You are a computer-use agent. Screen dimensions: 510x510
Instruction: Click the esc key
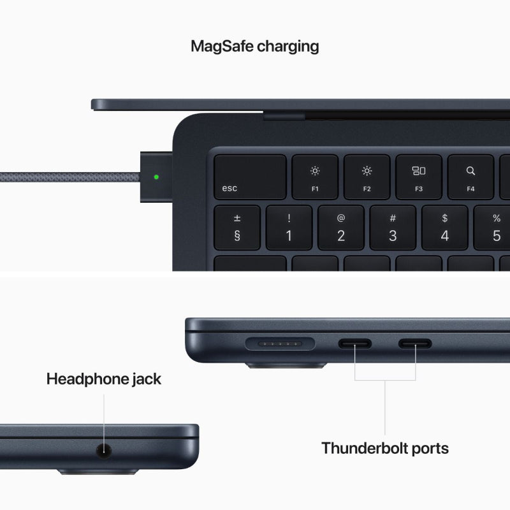pyautogui.click(x=249, y=177)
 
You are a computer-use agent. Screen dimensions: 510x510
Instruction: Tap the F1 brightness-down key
pyautogui.click(x=315, y=177)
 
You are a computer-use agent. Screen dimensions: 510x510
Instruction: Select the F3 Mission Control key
pyautogui.click(x=418, y=177)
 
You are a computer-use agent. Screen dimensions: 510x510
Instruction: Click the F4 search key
pyautogui.click(x=470, y=177)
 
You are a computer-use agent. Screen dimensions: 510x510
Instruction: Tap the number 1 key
pyautogui.click(x=289, y=228)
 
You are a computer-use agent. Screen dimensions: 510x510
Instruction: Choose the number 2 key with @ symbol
pyautogui.click(x=341, y=228)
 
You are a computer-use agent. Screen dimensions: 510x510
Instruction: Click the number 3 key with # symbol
pyautogui.click(x=393, y=228)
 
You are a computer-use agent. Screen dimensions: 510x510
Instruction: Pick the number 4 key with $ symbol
pyautogui.click(x=444, y=228)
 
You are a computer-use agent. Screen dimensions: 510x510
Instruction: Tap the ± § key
pyautogui.click(x=237, y=228)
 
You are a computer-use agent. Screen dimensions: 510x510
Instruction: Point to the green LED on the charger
pyautogui.click(x=157, y=177)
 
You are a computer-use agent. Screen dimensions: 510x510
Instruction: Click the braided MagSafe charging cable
pyautogui.click(x=64, y=177)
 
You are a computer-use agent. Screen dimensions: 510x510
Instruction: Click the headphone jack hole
pyautogui.click(x=103, y=450)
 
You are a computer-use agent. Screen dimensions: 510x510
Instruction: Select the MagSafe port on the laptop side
pyautogui.click(x=280, y=344)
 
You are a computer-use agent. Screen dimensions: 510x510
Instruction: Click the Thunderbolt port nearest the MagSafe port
pyautogui.click(x=354, y=344)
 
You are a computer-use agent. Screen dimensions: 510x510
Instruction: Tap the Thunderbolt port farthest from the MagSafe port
pyautogui.click(x=415, y=344)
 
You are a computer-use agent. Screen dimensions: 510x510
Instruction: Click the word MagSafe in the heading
pyautogui.click(x=221, y=46)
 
